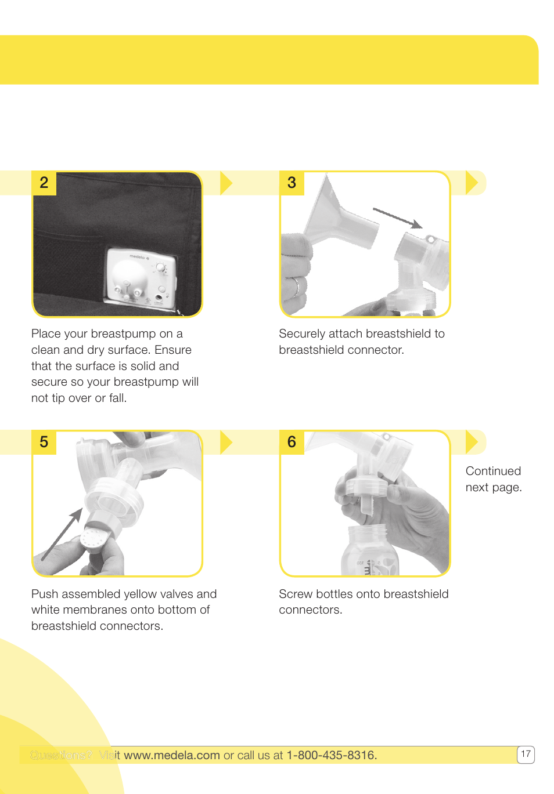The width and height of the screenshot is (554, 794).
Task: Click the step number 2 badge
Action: pyautogui.click(x=44, y=183)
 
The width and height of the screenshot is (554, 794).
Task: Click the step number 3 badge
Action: pyautogui.click(x=292, y=183)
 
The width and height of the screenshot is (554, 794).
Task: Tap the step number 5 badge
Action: pyautogui.click(x=44, y=442)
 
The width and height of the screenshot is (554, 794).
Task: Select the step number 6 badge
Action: pyautogui.click(x=292, y=442)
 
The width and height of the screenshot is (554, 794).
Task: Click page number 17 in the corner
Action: pyautogui.click(x=526, y=754)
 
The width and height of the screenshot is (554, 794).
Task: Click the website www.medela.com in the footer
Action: pyautogui.click(x=172, y=755)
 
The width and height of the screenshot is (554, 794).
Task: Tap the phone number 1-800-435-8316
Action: pyautogui.click(x=331, y=755)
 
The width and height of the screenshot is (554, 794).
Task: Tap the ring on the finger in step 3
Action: pyautogui.click(x=296, y=285)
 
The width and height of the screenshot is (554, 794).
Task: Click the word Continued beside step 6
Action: pyautogui.click(x=493, y=471)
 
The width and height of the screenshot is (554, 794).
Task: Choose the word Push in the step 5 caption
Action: pyautogui.click(x=45, y=594)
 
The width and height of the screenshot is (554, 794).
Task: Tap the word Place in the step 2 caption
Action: pyautogui.click(x=46, y=334)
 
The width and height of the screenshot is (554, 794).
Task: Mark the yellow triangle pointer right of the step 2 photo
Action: pyautogui.click(x=226, y=183)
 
